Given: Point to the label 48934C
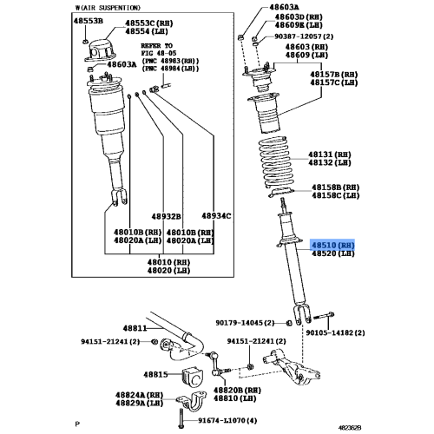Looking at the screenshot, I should tap(215, 215).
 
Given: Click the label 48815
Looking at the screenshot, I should tap(131, 373).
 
